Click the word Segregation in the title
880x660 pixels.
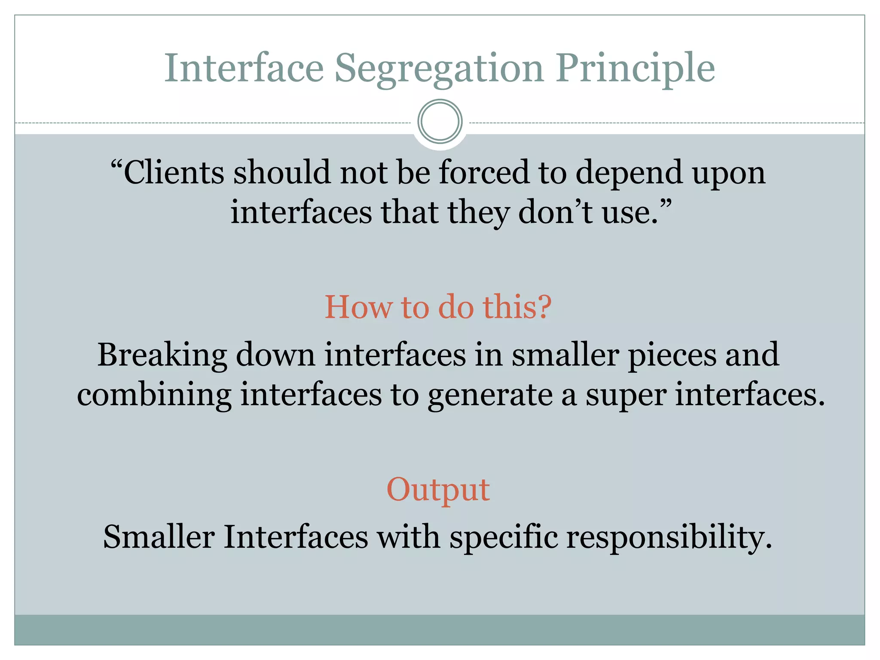coord(439,69)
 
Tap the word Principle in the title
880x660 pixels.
coord(635,69)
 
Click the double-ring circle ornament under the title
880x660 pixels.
coord(440,122)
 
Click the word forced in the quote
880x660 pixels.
coord(484,172)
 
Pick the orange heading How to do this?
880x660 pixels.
coord(438,307)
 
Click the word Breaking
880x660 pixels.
coord(162,356)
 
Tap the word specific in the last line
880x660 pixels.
coord(503,537)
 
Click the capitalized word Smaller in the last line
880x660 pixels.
coord(159,537)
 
